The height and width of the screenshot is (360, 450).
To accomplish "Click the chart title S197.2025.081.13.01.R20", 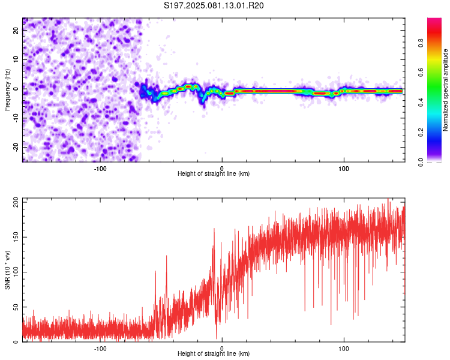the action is click(x=214, y=5).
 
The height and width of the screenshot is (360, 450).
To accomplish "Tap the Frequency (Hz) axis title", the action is click(x=7, y=90).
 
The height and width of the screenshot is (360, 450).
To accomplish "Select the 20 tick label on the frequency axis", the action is click(x=16, y=30).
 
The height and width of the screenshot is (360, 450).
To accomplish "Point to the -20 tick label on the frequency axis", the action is click(x=16, y=147).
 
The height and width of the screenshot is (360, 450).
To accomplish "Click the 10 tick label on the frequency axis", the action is click(x=16, y=59).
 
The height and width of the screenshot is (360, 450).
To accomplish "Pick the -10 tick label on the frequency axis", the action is click(x=16, y=118).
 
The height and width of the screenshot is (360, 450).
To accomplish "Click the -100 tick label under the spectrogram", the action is click(x=100, y=169).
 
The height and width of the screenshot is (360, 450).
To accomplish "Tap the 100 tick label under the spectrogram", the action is click(x=344, y=169).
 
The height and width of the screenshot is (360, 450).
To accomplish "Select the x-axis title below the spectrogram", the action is click(x=214, y=173).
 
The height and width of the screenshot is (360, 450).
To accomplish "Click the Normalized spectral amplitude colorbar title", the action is click(x=445, y=90).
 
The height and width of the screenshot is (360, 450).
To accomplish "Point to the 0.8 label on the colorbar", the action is click(x=421, y=43).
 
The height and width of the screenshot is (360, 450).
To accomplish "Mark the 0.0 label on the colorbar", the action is click(x=421, y=162).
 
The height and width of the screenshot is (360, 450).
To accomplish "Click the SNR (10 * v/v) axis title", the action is click(x=7, y=270).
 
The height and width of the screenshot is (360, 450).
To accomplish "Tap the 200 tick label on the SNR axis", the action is click(x=16, y=202).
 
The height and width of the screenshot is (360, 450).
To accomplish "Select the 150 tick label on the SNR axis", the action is click(x=16, y=237).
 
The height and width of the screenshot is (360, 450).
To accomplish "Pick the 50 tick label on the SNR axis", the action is click(x=16, y=307).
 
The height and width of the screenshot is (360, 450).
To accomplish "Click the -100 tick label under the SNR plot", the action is click(x=100, y=349).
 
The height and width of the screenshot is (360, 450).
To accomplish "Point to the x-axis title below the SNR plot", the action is click(x=214, y=353).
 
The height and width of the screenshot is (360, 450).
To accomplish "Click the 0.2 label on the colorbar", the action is click(x=421, y=133).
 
